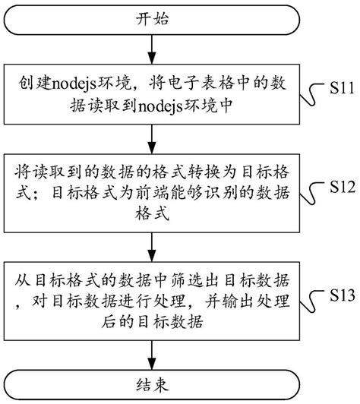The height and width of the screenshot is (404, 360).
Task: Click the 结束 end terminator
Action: tap(153, 383)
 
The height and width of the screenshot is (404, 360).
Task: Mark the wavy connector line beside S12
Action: tap(311, 196)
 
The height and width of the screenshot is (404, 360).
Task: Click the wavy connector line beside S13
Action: tap(311, 301)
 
